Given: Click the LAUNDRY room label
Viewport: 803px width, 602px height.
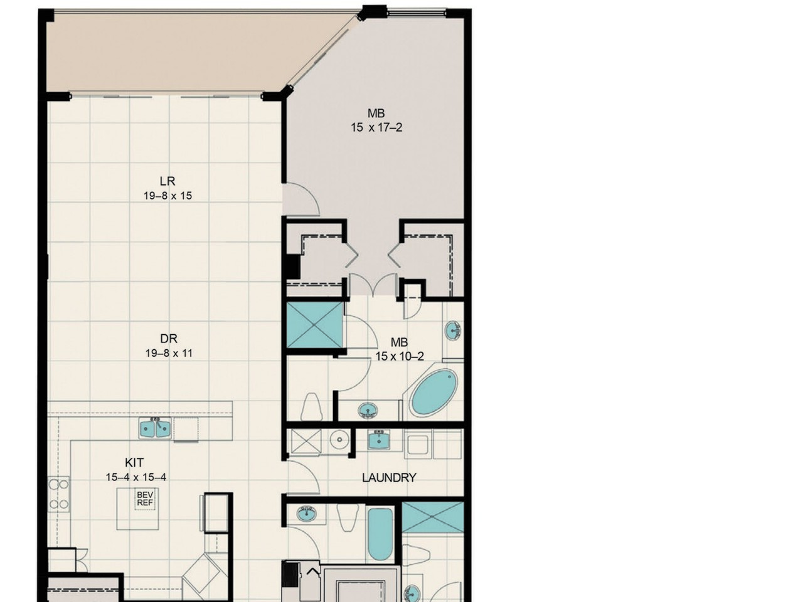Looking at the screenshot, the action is click(389, 478).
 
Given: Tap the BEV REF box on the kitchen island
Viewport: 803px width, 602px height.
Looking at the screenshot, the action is click(144, 499).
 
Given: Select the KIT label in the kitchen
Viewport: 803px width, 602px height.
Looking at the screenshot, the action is click(134, 463).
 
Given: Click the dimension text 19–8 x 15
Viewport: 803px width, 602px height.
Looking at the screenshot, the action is click(168, 196).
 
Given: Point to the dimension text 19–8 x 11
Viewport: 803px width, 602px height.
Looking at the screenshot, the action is click(169, 354).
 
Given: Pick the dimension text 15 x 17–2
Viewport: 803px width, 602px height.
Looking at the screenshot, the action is click(376, 127).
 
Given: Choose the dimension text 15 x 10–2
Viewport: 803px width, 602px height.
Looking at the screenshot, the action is click(400, 356).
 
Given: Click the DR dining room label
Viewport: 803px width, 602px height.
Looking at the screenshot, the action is click(169, 339).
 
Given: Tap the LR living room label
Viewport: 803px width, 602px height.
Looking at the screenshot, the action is click(168, 181).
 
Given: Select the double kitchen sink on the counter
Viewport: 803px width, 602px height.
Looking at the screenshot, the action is click(155, 429).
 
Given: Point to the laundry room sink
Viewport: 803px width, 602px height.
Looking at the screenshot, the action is click(379, 440).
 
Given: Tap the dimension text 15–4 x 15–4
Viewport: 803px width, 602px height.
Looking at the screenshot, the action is click(136, 477).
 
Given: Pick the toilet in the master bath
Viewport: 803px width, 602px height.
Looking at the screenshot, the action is click(311, 407).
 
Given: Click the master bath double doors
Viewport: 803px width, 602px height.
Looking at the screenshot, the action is click(373, 284).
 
